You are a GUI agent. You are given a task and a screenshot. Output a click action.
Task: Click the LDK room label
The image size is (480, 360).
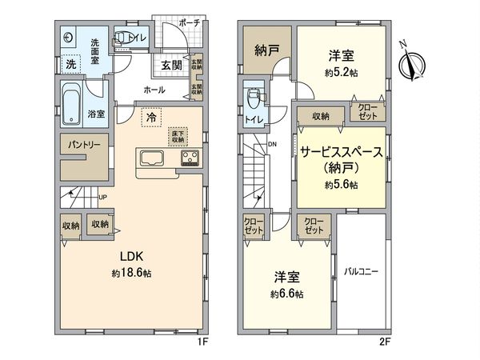point(131,258)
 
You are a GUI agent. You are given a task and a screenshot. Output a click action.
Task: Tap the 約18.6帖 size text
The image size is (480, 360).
point(131,273)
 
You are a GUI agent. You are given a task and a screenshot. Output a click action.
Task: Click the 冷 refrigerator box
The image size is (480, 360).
point(150,118)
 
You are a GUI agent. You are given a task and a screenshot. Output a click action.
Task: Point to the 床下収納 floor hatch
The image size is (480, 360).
point(177,135)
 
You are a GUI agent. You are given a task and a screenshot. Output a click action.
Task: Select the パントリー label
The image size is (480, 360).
point(79,146)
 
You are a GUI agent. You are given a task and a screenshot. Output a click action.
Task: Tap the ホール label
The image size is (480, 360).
point(154,91)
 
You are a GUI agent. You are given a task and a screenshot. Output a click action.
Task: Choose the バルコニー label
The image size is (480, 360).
point(362,271)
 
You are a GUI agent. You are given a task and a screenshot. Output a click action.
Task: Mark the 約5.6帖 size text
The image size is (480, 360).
point(341,185)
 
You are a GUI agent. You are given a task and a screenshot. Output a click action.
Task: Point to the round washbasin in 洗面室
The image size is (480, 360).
point(68,38)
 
